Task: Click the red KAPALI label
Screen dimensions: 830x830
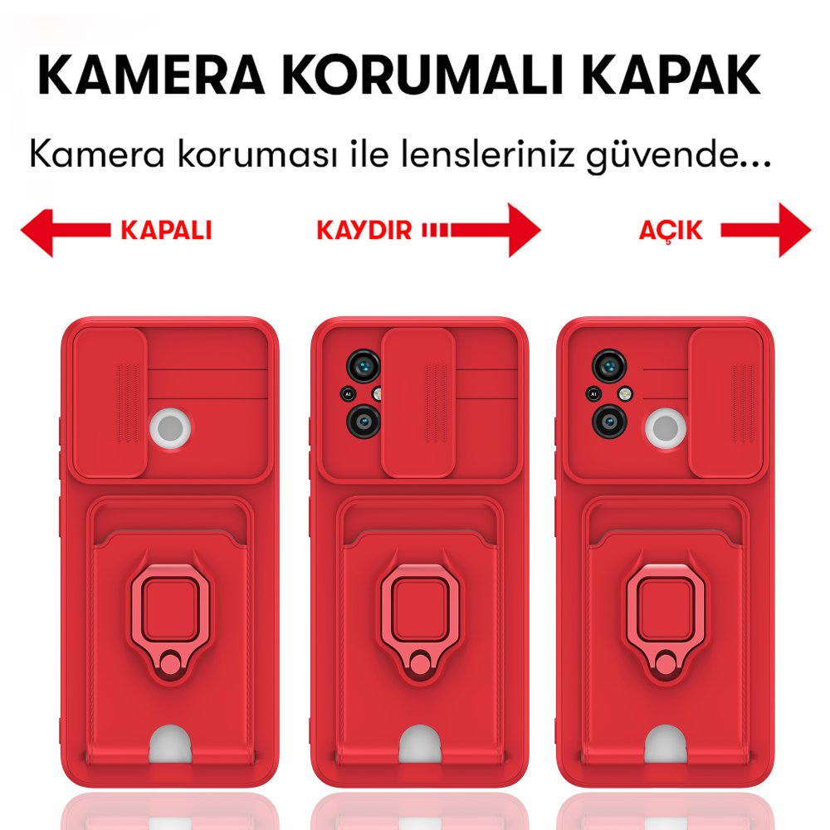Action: [x=166, y=230]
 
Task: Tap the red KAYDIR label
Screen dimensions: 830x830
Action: [x=364, y=230]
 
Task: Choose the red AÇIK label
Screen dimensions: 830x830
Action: [x=671, y=230]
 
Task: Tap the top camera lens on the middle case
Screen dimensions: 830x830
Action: [x=362, y=364]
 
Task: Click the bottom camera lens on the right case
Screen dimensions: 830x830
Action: [x=608, y=421]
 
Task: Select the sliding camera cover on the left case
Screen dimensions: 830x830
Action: [x=110, y=403]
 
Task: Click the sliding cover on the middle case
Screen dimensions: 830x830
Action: [x=418, y=403]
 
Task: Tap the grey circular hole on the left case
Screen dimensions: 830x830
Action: [x=170, y=428]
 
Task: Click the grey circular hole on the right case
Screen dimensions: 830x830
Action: [x=666, y=428]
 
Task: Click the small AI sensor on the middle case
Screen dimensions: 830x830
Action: [x=349, y=395]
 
